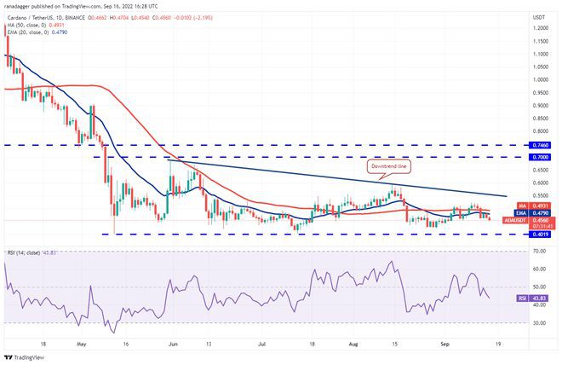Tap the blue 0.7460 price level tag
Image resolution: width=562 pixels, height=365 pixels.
coord(539,145)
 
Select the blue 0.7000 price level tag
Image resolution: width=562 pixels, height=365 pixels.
coord(539,157)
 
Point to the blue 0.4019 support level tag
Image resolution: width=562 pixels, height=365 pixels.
coord(539,233)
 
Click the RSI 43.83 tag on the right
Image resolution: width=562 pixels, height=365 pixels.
coord(538,298)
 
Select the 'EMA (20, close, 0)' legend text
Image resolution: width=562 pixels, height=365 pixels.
coord(27,32)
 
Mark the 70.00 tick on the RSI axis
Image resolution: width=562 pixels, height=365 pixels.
coord(538,252)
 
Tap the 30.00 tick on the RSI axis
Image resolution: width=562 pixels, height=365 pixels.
coord(538,323)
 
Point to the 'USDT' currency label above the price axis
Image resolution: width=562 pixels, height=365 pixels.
coord(538,16)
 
